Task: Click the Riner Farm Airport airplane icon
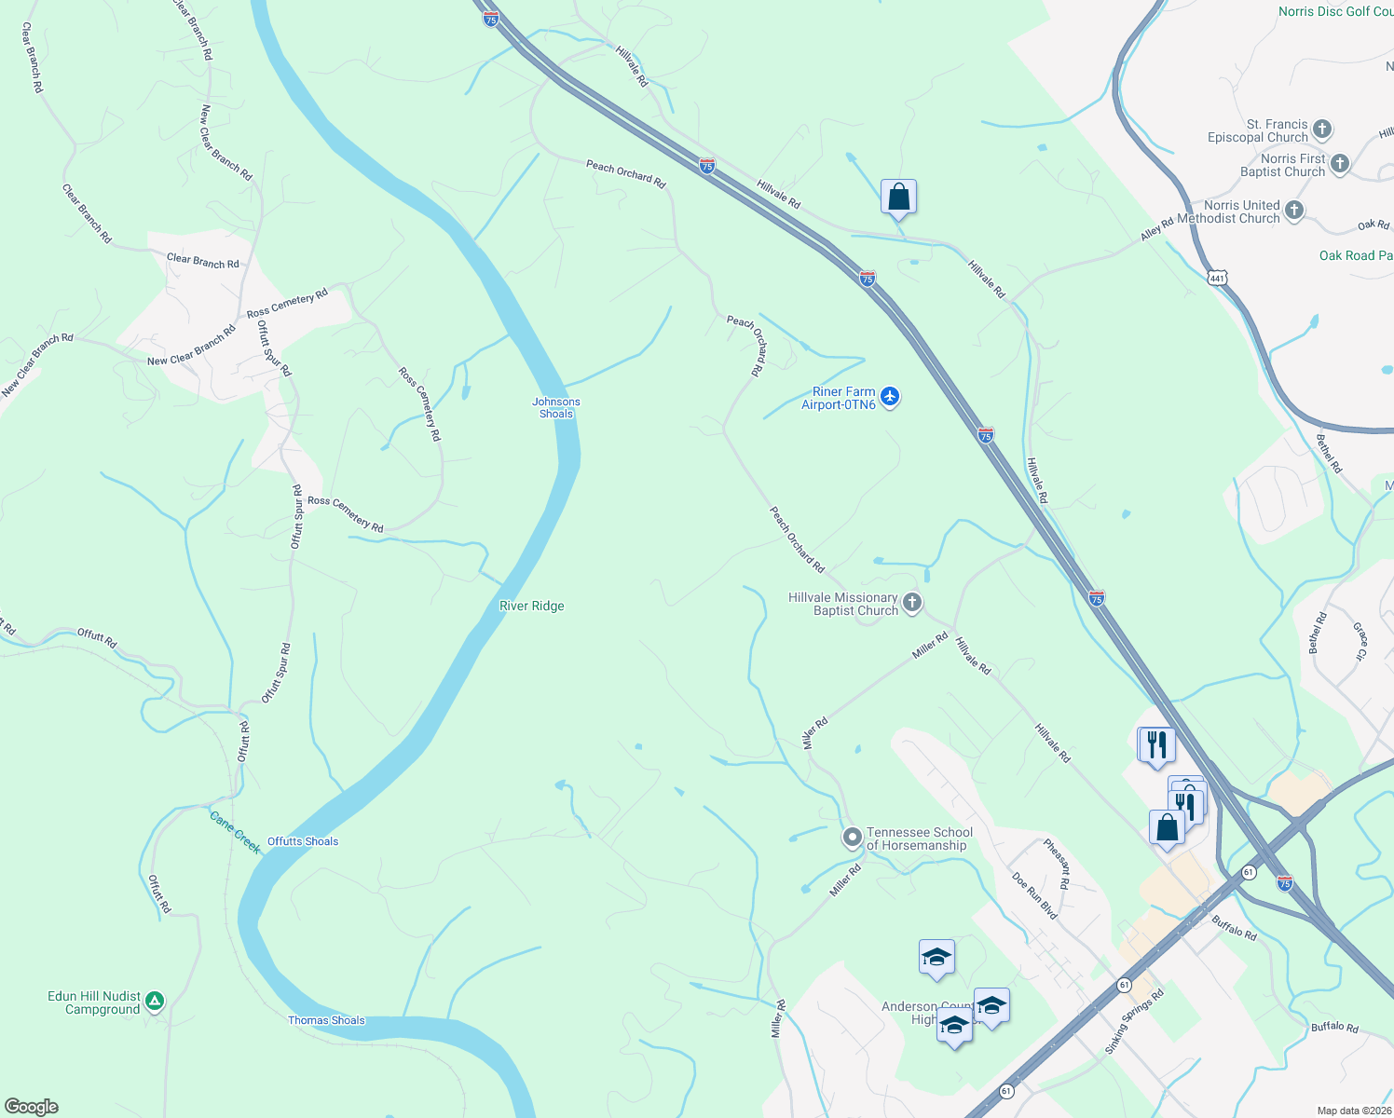890,397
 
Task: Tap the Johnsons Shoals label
556,408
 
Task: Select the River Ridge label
531,606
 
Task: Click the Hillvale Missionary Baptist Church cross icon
912,603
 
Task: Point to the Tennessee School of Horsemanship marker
852,838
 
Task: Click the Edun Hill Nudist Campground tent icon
155,1002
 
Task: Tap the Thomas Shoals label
326,1020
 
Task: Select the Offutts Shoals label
303,841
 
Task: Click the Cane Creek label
235,832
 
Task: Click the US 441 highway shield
1217,278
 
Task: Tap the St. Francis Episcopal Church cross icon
1322,130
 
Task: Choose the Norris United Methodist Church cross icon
1293,211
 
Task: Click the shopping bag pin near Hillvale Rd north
898,198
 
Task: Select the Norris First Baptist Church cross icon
1339,164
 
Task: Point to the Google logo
31,1107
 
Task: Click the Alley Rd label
1156,229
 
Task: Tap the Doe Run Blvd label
1034,896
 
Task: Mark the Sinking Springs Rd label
1134,1022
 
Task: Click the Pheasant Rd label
1057,864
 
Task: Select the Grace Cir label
1360,642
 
